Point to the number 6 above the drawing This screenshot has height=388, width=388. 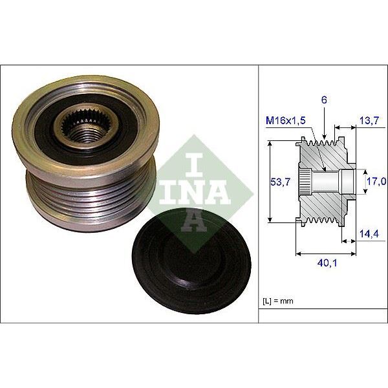click(x=323, y=100)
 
